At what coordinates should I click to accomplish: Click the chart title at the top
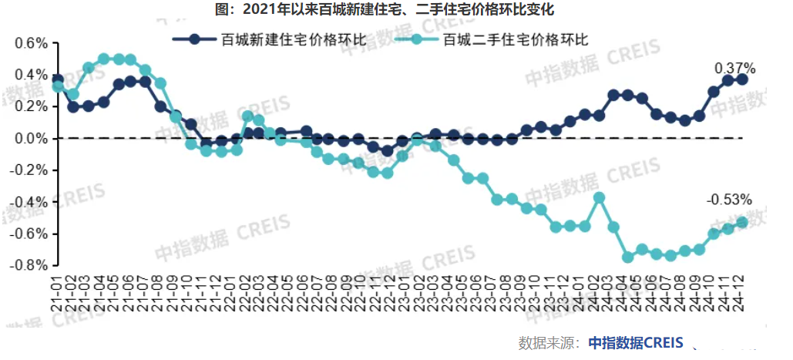tap(397, 9)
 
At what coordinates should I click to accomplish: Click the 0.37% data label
tap(735, 68)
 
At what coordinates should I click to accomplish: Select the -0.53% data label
tap(728, 200)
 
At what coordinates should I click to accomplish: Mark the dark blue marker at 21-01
tap(58, 79)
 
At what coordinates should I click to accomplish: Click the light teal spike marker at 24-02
tap(600, 197)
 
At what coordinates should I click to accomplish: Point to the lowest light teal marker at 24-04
tap(628, 257)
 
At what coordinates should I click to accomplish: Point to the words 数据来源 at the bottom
tap(547, 342)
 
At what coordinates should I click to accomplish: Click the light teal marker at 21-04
tap(103, 59)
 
